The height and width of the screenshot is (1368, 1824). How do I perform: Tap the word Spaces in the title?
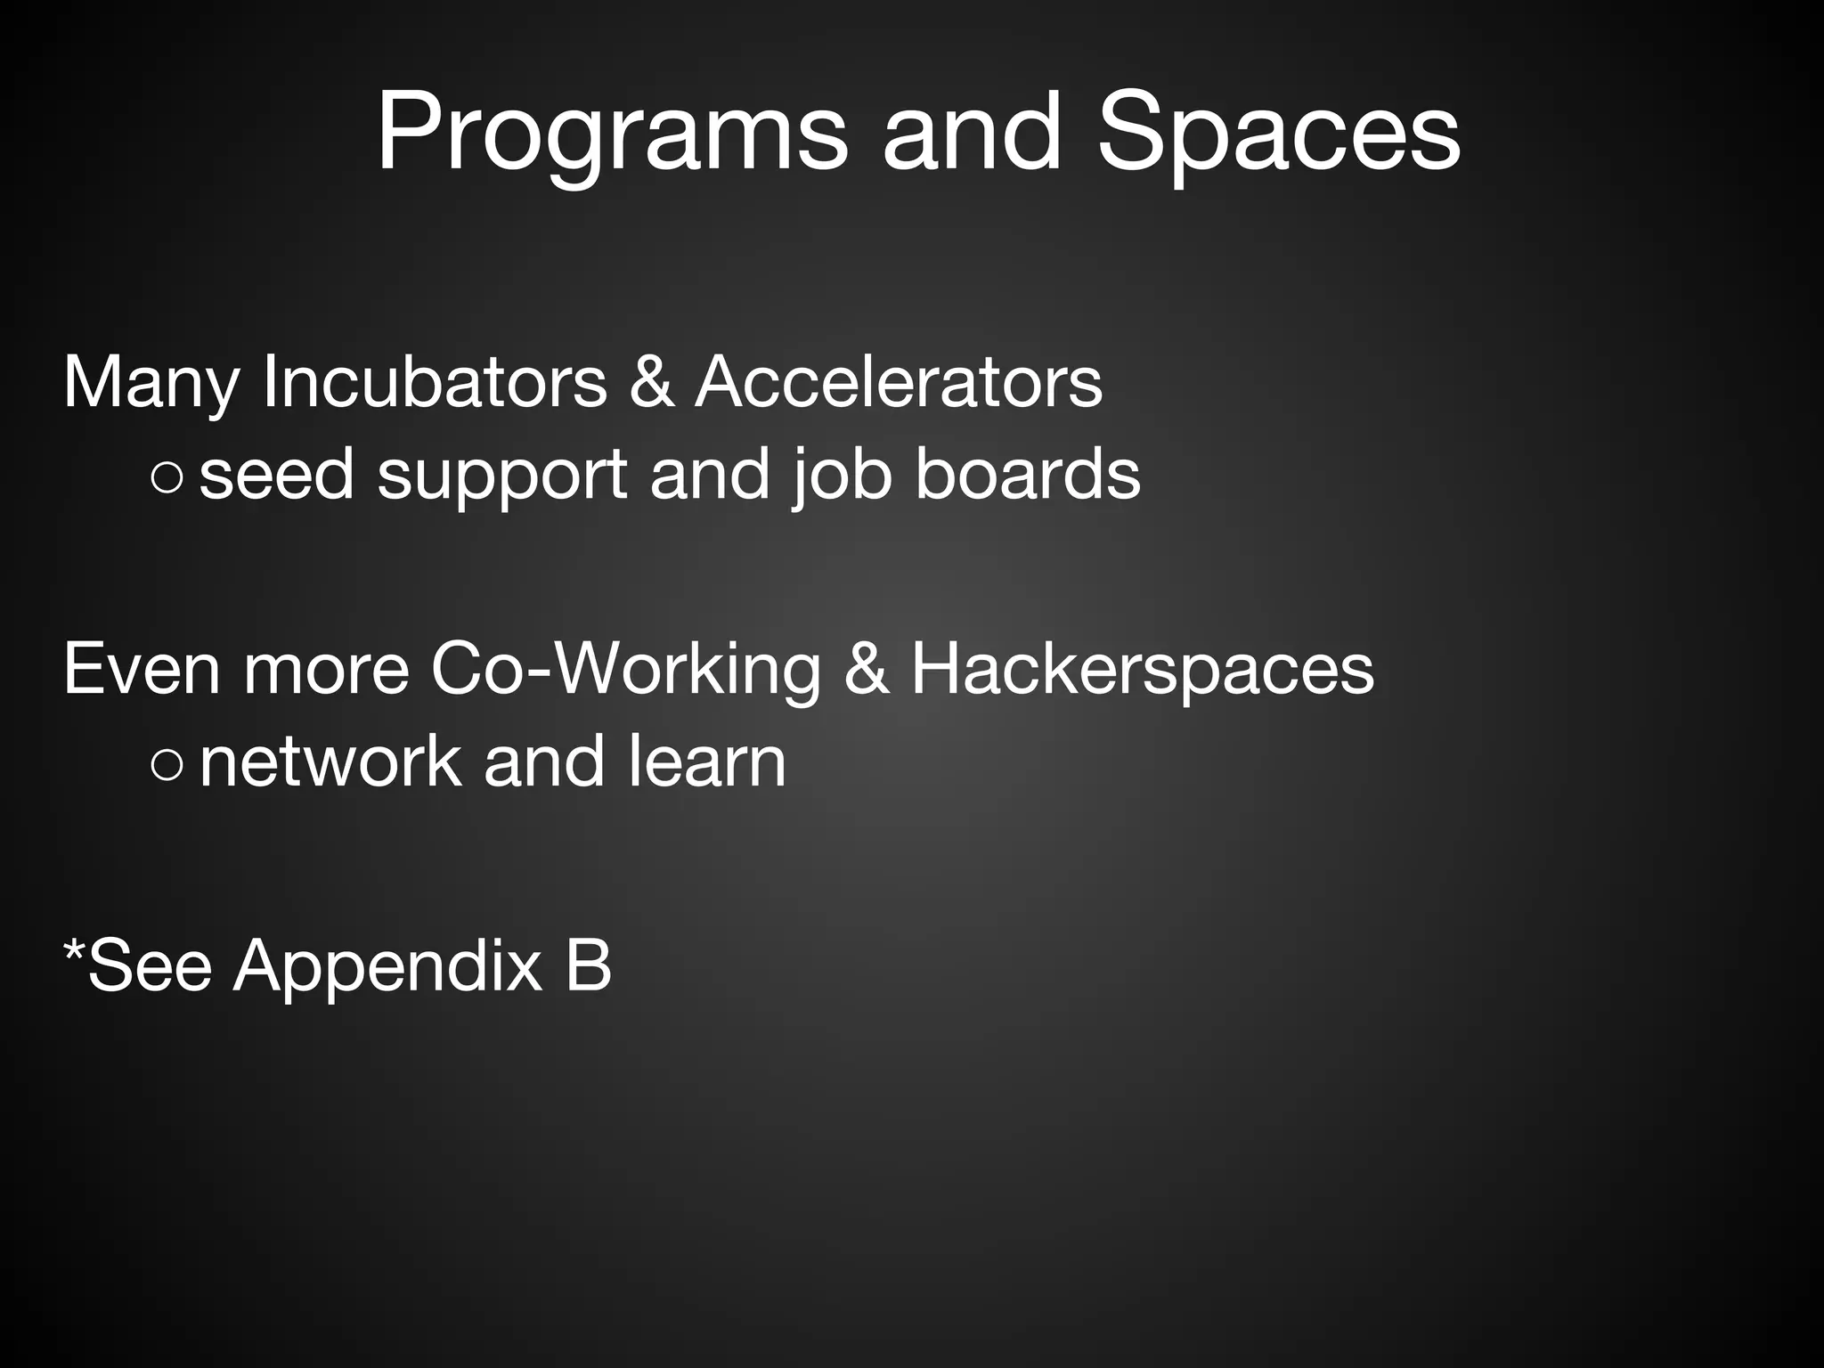pyautogui.click(x=1278, y=134)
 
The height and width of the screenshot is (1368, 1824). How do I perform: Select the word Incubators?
pyautogui.click(x=435, y=382)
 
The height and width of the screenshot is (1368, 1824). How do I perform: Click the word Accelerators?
pyautogui.click(x=899, y=382)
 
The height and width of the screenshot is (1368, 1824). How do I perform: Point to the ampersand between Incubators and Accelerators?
pyautogui.click(x=651, y=382)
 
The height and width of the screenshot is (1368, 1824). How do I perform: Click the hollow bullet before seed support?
pyautogui.click(x=167, y=478)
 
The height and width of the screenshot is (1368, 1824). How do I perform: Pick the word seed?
pyautogui.click(x=277, y=475)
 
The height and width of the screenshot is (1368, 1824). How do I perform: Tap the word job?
pyautogui.click(x=841, y=475)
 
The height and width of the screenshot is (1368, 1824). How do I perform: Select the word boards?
pyautogui.click(x=1028, y=475)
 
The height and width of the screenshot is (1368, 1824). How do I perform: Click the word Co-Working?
pyautogui.click(x=624, y=669)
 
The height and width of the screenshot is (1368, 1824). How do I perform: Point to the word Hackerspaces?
pyautogui.click(x=1143, y=669)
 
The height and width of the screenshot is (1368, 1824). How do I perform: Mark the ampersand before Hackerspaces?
pyautogui.click(x=866, y=669)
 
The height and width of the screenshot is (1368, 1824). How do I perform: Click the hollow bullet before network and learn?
pyautogui.click(x=167, y=764)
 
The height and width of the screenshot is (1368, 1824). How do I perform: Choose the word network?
pyautogui.click(x=330, y=761)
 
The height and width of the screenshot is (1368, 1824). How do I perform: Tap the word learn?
pyautogui.click(x=707, y=761)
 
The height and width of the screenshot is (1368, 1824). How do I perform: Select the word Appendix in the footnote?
pyautogui.click(x=387, y=966)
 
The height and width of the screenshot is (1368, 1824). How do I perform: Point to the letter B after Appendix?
pyautogui.click(x=588, y=965)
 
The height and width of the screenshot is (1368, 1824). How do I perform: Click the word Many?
pyautogui.click(x=151, y=382)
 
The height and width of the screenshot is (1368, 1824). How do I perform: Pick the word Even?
pyautogui.click(x=142, y=669)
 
